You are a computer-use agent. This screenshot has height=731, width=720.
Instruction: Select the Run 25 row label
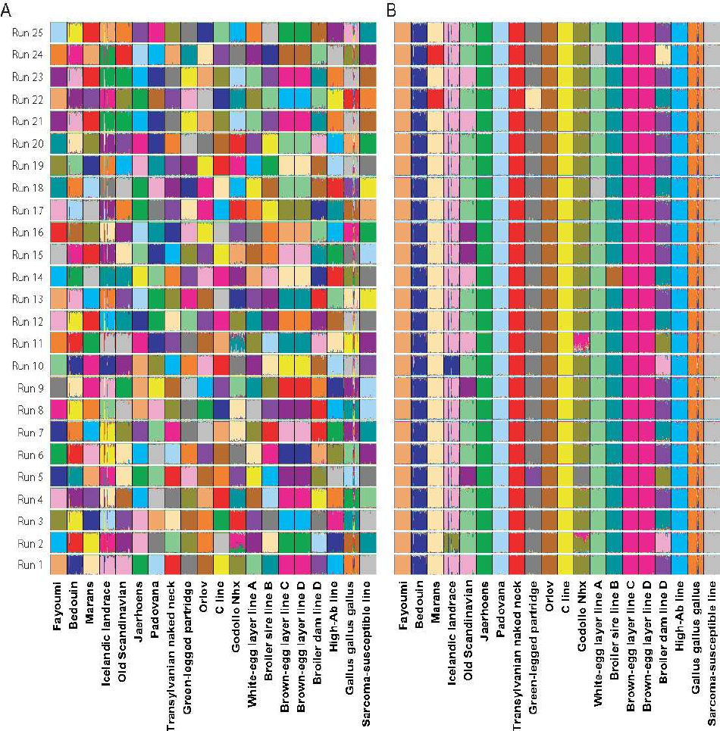(x=27, y=33)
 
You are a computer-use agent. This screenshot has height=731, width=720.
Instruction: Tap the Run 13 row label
(x=27, y=299)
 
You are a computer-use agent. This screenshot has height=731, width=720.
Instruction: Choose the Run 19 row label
(x=27, y=166)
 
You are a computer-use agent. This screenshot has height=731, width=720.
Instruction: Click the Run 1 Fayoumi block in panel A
(x=59, y=564)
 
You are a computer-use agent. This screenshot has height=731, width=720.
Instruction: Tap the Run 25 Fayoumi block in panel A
(x=59, y=33)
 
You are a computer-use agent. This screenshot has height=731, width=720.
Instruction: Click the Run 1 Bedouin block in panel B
(x=419, y=564)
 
